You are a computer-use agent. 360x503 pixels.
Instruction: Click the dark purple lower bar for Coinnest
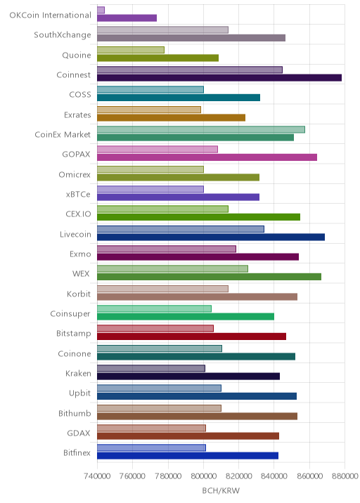click(x=219, y=78)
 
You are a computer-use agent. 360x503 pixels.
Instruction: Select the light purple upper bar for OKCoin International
click(x=101, y=11)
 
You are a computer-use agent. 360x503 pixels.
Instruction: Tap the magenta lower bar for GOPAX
click(x=207, y=157)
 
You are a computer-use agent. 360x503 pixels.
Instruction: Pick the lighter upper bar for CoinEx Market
click(x=201, y=129)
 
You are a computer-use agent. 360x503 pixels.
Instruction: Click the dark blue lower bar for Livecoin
click(x=211, y=237)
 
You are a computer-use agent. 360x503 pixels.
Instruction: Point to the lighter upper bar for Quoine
click(x=131, y=50)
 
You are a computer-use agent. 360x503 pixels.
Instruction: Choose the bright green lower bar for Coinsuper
click(x=186, y=317)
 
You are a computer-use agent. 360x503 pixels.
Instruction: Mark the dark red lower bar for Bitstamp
click(x=192, y=337)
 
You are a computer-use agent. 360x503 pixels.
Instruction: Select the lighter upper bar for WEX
click(x=172, y=269)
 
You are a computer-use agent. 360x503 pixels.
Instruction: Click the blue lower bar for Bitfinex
click(x=188, y=456)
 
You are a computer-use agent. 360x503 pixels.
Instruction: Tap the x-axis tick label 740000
click(x=97, y=476)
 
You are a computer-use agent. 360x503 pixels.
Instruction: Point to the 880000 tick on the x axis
click(x=345, y=476)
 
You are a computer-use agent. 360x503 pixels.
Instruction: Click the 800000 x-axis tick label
click(x=203, y=476)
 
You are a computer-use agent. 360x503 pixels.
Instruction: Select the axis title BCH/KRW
click(x=221, y=491)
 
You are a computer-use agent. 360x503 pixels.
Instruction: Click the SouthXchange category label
click(x=63, y=35)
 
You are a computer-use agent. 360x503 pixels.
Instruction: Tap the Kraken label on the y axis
click(x=78, y=374)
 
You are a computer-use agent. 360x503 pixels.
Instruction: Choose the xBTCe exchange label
click(x=78, y=195)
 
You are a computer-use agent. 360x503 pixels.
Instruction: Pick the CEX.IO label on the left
click(x=78, y=214)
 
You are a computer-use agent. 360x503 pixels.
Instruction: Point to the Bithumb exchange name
click(x=75, y=414)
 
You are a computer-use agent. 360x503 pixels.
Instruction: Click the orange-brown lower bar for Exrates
click(x=171, y=118)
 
